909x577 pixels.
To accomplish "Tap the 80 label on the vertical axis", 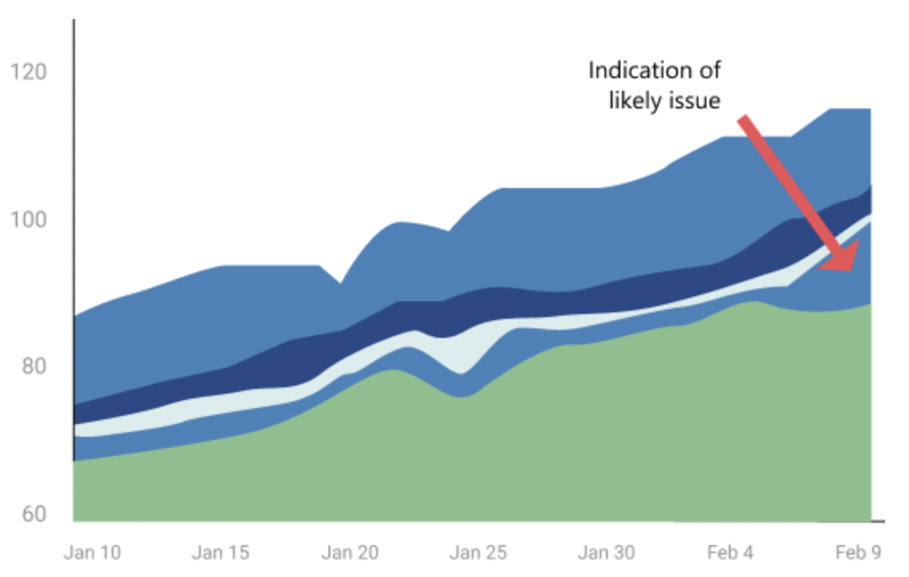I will pos(30,367).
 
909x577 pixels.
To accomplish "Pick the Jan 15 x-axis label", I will pos(221,553).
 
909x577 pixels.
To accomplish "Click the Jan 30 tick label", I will pos(607,553).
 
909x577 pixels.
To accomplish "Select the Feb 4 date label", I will pos(732,553).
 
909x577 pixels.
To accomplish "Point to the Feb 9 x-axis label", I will pos(858,553).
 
